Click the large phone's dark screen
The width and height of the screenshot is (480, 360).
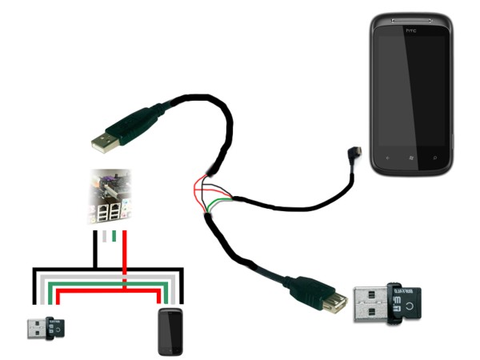(x=411, y=88)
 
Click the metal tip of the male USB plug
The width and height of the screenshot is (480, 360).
(x=101, y=142)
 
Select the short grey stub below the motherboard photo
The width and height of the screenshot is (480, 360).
(x=104, y=237)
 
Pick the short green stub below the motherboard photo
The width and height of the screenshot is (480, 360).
(x=114, y=237)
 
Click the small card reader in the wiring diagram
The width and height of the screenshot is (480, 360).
(x=44, y=327)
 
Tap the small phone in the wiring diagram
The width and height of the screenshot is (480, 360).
(x=172, y=332)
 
